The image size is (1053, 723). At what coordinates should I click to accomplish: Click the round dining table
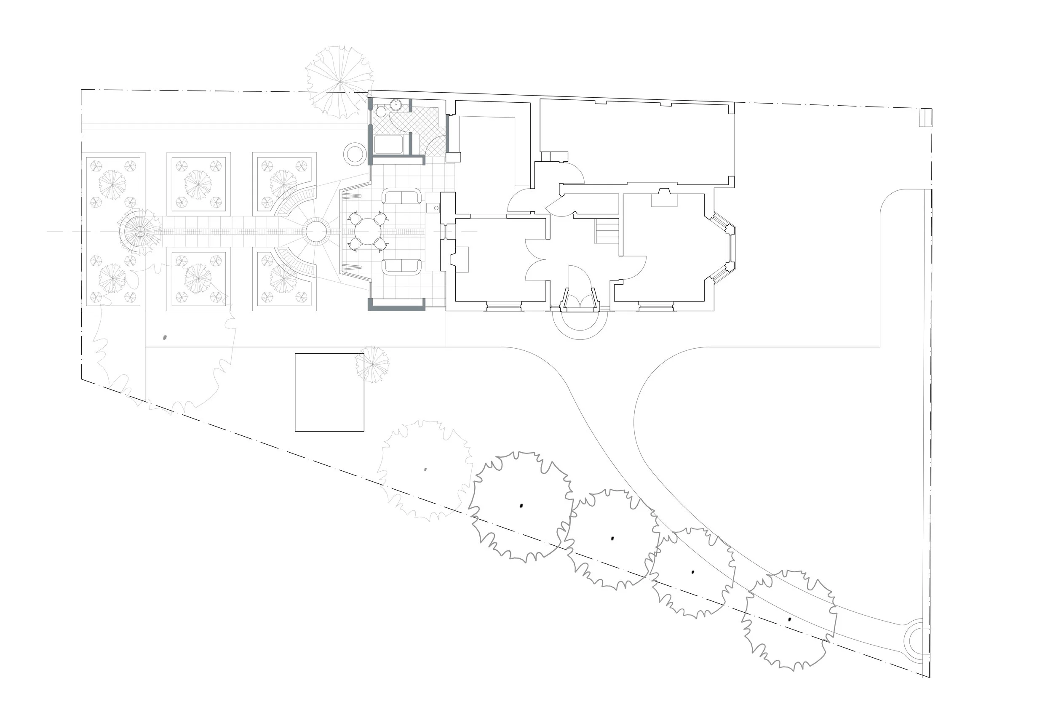pos(368,232)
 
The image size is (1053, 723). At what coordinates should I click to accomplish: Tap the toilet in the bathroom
pos(381,110)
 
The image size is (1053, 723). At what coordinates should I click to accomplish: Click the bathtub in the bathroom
pos(388,144)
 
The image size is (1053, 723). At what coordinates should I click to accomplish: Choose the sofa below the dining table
pos(401,267)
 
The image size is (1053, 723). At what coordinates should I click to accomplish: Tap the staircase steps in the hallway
pos(607,231)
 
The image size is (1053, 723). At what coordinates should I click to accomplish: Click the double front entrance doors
pos(580,301)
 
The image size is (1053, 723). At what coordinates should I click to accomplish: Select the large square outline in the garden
pos(329,392)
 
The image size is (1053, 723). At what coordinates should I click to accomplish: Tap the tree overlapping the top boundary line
pos(340,82)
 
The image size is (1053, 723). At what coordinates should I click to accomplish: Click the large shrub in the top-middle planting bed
pos(198,184)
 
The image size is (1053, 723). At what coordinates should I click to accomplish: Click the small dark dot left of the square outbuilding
pos(165,337)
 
